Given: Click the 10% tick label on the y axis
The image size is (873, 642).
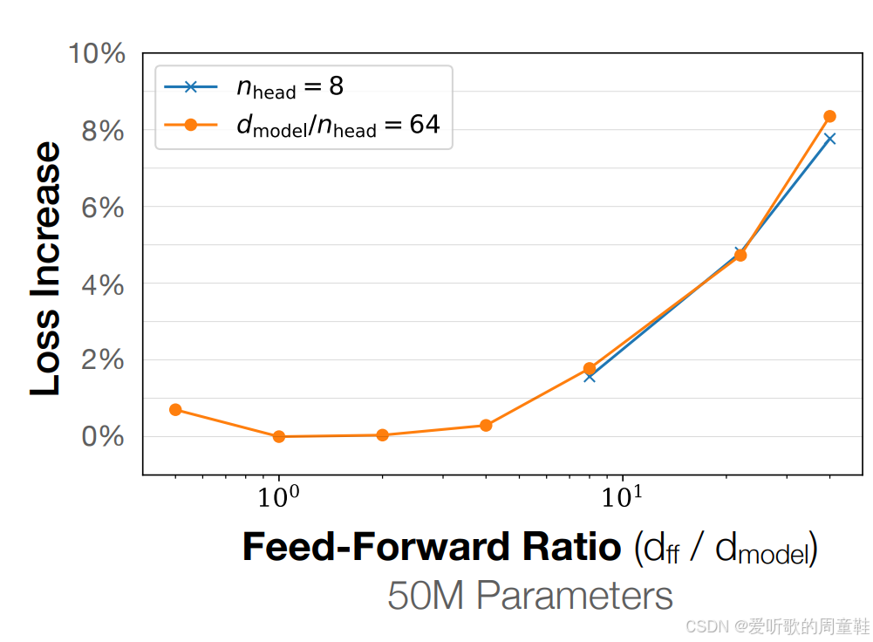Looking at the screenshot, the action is [x=97, y=54].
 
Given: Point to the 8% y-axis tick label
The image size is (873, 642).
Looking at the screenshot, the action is [x=103, y=132].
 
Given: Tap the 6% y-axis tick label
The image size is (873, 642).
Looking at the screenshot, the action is [x=103, y=208].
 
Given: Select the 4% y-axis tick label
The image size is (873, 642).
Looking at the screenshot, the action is [x=103, y=285].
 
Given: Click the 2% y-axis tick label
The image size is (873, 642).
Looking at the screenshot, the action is [x=103, y=359].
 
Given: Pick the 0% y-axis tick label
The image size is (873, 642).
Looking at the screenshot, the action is [x=103, y=436].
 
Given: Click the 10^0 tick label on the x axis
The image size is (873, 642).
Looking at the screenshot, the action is [x=278, y=496].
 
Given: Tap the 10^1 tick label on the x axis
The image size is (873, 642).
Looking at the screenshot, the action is [x=622, y=496].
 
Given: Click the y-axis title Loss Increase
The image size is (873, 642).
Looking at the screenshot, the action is [x=45, y=269].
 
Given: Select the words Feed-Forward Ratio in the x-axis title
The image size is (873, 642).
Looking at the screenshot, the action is [x=432, y=546].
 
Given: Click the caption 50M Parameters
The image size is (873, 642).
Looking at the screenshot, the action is [x=530, y=596].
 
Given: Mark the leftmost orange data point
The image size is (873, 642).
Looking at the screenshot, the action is [x=175, y=410].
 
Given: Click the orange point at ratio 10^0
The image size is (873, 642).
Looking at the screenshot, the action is [x=279, y=436].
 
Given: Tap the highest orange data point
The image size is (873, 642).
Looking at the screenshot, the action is [x=829, y=116].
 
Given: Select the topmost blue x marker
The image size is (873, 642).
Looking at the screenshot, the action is [x=829, y=139].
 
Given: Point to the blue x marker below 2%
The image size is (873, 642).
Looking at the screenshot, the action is [x=590, y=377].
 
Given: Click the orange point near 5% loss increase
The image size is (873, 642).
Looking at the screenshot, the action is [x=740, y=255].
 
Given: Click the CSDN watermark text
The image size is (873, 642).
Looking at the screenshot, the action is [x=778, y=626].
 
